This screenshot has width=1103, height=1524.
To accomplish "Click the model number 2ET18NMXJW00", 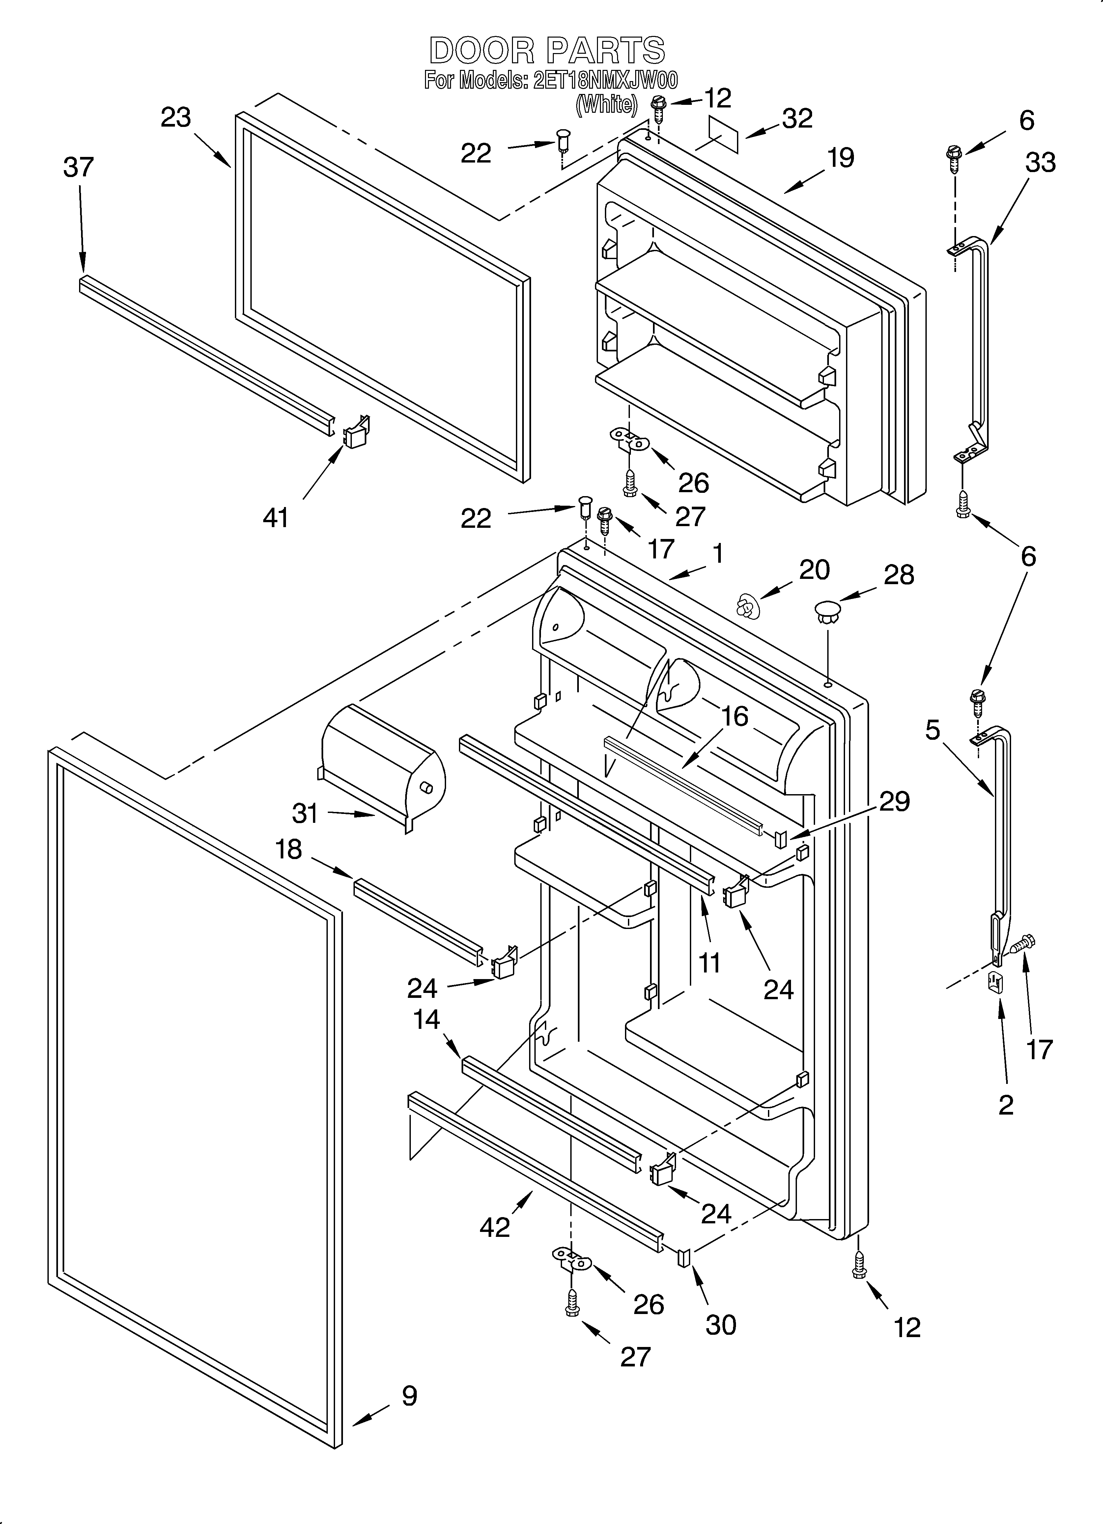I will tap(605, 81).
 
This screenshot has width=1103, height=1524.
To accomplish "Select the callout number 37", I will tap(79, 167).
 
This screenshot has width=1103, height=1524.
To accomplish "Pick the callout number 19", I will tap(840, 158).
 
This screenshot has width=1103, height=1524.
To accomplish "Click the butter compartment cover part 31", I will tap(383, 763).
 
